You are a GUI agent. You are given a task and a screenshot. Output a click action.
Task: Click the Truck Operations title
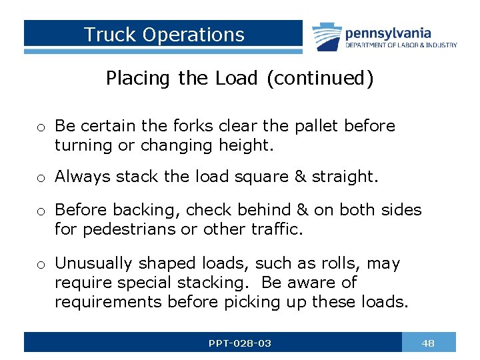tap(164, 35)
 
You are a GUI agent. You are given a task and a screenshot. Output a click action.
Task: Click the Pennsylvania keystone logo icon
tap(327, 37)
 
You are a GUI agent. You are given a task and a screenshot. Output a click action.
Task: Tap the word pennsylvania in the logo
tap(388, 33)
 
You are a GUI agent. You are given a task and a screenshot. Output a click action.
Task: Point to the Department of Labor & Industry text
tap(401, 45)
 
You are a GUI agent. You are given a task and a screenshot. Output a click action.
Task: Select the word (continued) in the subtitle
tap(320, 79)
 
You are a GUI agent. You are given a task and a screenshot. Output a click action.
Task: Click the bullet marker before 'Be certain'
tap(41, 127)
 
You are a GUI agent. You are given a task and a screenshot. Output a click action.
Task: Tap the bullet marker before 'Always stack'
tap(41, 177)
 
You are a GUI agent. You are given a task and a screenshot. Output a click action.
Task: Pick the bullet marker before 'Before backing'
tap(41, 211)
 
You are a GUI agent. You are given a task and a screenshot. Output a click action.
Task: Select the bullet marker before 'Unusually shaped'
tap(41, 265)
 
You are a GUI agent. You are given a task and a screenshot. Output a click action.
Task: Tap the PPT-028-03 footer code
tap(239, 343)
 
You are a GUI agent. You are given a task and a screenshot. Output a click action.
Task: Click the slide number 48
tap(428, 343)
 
